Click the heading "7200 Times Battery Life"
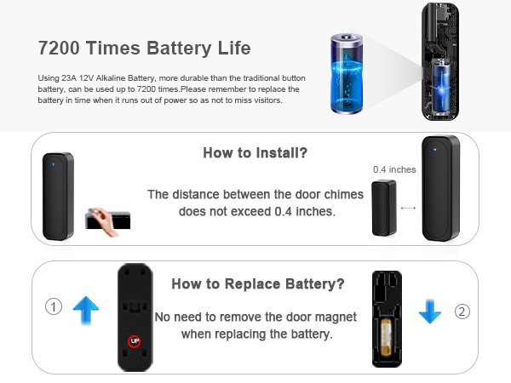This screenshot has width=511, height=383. point(145,47)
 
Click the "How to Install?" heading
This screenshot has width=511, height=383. point(255,153)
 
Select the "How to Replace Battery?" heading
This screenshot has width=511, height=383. point(257,284)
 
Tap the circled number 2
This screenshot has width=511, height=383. point(462,312)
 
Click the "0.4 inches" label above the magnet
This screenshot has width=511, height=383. point(394,169)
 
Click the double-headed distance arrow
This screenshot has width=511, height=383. point(409,207)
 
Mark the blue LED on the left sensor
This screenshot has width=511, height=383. point(53,164)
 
